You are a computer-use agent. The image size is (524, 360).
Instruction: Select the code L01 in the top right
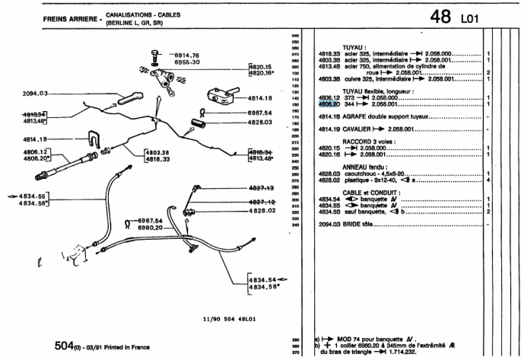coord(472,18)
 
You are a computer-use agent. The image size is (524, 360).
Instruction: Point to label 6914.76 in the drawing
coord(186,56)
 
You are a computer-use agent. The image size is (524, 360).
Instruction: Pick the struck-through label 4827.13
coord(261,187)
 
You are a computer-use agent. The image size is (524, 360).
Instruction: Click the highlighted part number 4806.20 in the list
coord(328,105)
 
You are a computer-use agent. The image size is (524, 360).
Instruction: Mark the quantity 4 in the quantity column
coord(487,180)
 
